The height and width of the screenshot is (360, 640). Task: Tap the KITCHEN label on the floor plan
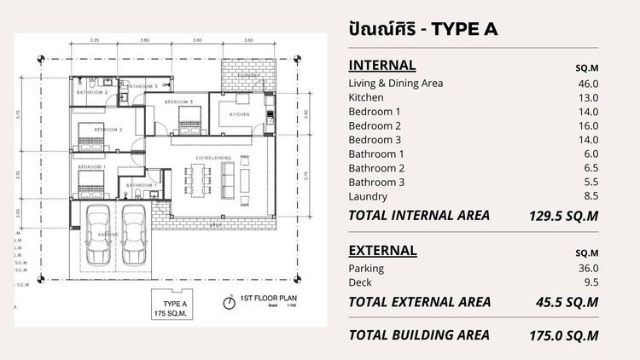239,113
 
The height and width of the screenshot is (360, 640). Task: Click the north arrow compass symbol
229,301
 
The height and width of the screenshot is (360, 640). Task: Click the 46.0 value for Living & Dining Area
585,83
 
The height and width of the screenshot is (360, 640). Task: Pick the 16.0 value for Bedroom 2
585,125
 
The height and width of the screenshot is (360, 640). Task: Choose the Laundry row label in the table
368,196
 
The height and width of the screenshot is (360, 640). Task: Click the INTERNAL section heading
382,65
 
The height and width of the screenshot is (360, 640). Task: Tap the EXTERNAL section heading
383,250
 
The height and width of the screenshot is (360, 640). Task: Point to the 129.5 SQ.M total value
564,216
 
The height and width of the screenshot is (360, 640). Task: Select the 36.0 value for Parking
585,269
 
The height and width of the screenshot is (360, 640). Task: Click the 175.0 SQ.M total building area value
564,335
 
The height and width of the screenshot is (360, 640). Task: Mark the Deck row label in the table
362,282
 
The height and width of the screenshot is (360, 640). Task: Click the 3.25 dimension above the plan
95,40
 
